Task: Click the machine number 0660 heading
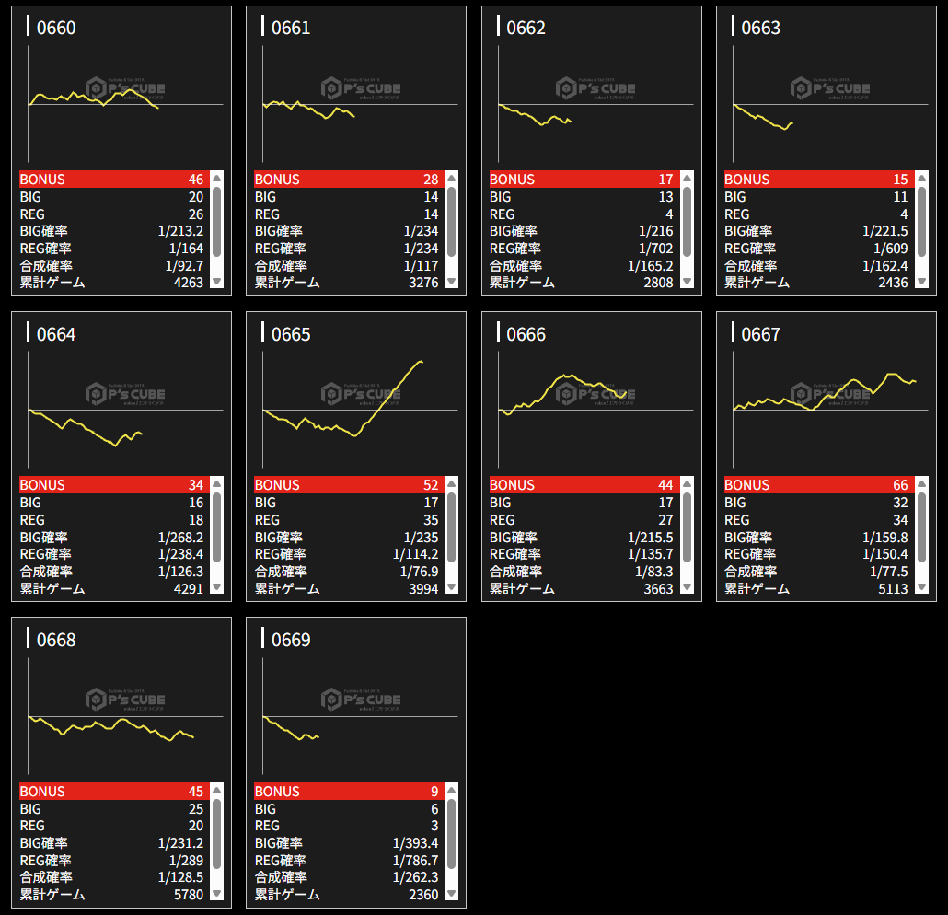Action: coord(56,28)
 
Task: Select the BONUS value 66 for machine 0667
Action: coord(899,485)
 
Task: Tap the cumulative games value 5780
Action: coord(188,894)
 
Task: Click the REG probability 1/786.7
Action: coord(415,860)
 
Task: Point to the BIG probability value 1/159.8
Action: coord(884,537)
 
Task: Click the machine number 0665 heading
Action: coord(291,334)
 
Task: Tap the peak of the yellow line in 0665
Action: coord(421,361)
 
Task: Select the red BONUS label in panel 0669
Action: coord(277,792)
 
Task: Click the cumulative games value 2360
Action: coord(423,894)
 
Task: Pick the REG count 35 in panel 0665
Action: coord(429,520)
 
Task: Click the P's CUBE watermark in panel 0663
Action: coord(830,88)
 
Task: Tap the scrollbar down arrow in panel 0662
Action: coord(688,282)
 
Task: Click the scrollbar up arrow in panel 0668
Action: coord(217,790)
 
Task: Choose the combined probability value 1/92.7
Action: coord(180,265)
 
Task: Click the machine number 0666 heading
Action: coord(526,334)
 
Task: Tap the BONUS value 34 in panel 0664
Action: coord(194,485)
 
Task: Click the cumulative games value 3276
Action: coord(423,282)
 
